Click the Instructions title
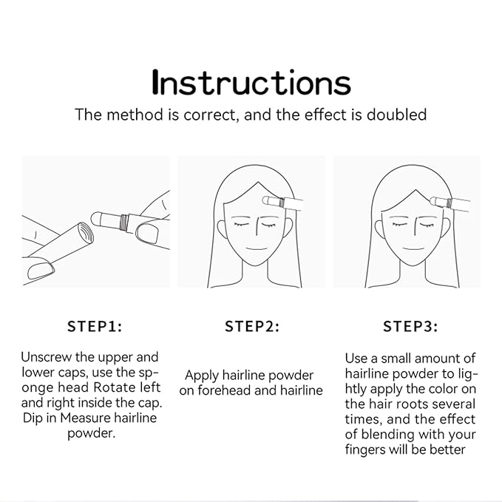click(x=251, y=82)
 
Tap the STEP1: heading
click(x=95, y=327)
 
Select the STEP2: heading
click(x=252, y=327)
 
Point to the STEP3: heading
click(x=410, y=327)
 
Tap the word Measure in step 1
click(x=86, y=418)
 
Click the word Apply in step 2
click(x=202, y=376)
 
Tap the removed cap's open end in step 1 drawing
click(x=85, y=233)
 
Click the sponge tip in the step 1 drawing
click(x=96, y=219)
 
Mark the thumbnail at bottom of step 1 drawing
click(x=41, y=271)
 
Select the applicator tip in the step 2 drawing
click(x=265, y=201)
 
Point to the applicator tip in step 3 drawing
click(x=434, y=201)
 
